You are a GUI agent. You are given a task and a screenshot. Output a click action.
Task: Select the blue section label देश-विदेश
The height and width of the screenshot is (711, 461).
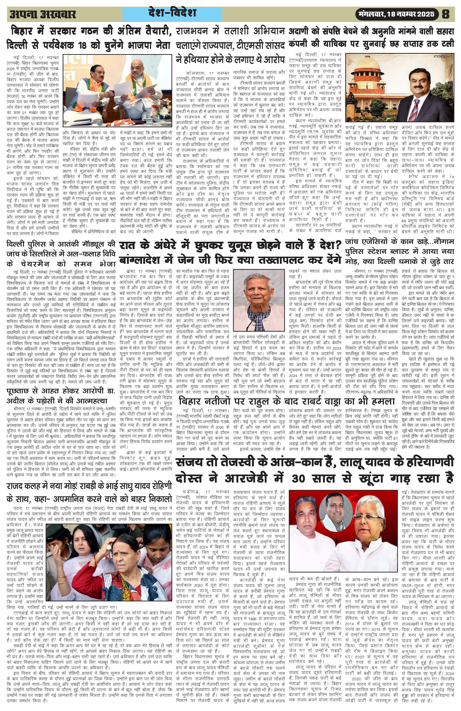(x=172, y=14)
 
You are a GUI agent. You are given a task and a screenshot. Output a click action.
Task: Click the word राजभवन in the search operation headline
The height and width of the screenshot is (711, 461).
(x=191, y=32)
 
